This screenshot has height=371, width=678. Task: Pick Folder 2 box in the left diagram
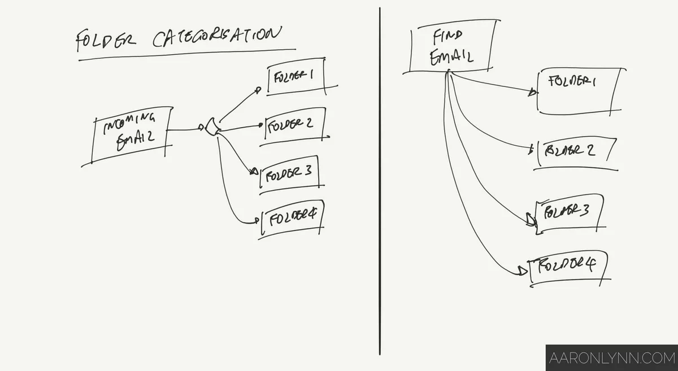(x=294, y=125)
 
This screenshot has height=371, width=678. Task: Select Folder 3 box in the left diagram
(x=289, y=174)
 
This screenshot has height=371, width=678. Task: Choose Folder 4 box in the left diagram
(x=292, y=219)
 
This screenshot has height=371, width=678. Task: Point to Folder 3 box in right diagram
(x=568, y=213)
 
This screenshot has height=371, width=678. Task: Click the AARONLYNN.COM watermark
(x=611, y=358)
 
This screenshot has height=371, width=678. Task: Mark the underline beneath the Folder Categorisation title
(x=186, y=54)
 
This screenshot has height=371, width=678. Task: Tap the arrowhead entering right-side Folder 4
(x=523, y=272)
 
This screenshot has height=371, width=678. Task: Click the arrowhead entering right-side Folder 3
(x=531, y=220)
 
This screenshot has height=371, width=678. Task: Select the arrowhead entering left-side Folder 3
(x=254, y=171)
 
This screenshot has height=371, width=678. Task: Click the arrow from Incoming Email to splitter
(x=185, y=130)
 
